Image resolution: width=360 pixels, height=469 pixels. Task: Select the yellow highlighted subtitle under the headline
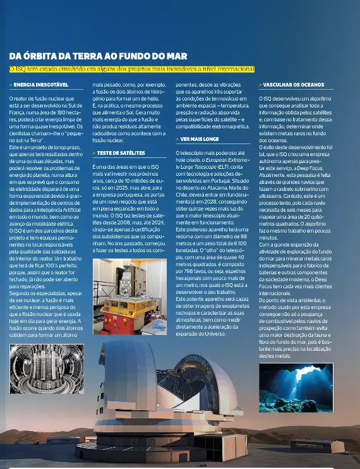pos(131,68)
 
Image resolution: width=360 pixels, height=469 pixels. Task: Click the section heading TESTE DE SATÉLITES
pos(121,152)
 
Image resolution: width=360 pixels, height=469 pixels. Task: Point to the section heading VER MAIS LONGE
pos(200,138)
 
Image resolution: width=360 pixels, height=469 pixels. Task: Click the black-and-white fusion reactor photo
pos(47,368)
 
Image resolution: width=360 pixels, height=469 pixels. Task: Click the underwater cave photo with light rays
pos(296,387)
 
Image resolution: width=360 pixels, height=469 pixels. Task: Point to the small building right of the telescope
pos(316,445)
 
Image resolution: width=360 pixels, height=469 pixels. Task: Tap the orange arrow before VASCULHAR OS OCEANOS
pos(260,84)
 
